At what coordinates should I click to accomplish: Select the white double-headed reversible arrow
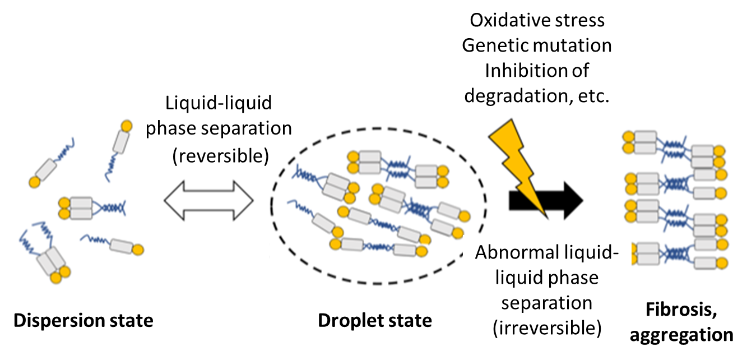point(208,200)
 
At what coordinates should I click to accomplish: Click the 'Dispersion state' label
point(83,321)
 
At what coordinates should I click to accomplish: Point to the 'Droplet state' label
point(375,321)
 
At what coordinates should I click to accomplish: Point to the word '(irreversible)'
point(546,328)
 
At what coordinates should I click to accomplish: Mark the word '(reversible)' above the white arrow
point(219,155)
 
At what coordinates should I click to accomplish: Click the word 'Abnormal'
point(516,253)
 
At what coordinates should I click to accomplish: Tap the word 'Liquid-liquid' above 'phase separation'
point(219,103)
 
